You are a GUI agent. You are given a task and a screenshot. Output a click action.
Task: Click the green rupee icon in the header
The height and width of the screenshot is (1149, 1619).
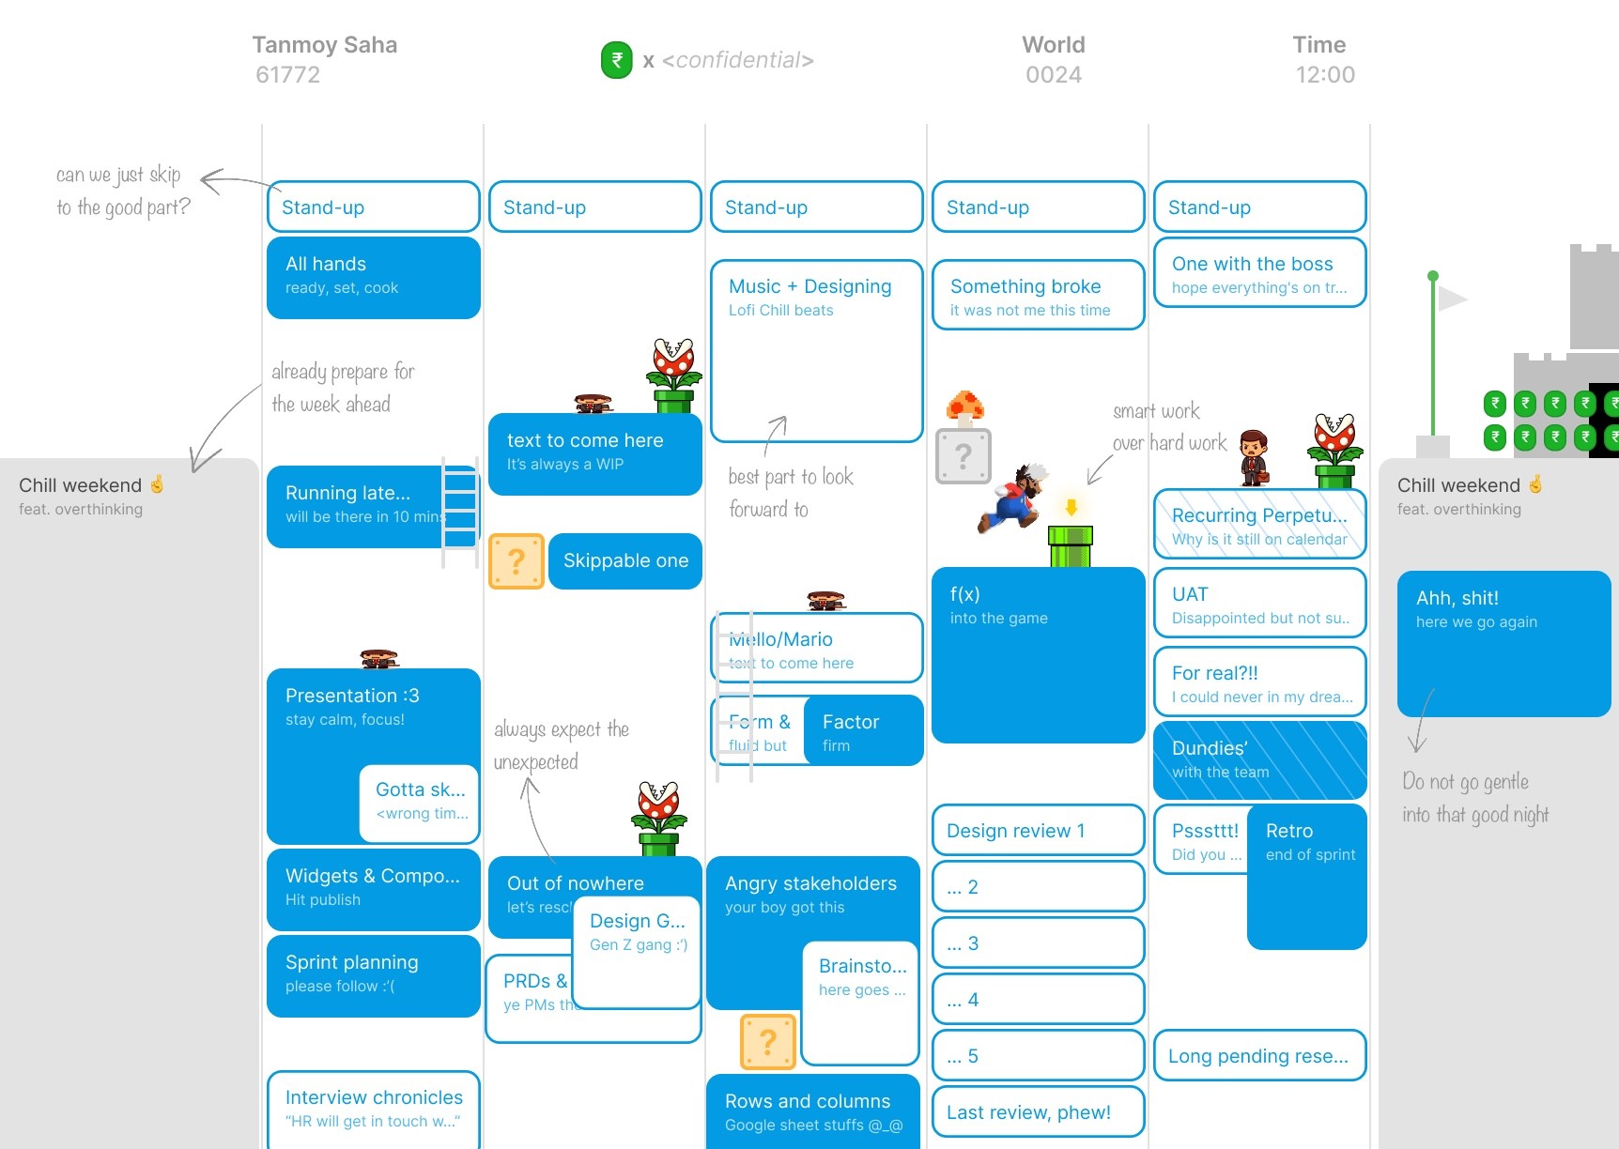click(x=617, y=60)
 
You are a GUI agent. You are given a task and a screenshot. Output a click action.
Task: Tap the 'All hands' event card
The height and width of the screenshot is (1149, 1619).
click(x=373, y=277)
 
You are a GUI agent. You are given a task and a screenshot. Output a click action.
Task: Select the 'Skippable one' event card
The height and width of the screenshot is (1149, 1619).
click(x=625, y=561)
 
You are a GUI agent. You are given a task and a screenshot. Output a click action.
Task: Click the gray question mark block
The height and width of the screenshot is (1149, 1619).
click(x=964, y=456)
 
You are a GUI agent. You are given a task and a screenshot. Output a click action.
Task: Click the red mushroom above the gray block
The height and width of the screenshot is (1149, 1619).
click(x=964, y=406)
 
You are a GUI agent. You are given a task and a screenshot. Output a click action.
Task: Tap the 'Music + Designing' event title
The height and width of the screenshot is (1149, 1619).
click(x=809, y=286)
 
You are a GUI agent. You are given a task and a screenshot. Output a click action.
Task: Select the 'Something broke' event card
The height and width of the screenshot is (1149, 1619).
click(x=1038, y=296)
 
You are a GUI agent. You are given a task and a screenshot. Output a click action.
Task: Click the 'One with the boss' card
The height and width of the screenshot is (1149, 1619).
click(x=1259, y=273)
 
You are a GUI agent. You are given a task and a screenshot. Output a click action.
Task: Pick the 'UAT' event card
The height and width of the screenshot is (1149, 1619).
click(x=1259, y=604)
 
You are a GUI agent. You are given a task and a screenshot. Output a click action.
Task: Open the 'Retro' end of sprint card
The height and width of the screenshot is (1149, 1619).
click(x=1306, y=876)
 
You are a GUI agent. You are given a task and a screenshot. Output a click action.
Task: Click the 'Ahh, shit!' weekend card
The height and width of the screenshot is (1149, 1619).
click(x=1503, y=643)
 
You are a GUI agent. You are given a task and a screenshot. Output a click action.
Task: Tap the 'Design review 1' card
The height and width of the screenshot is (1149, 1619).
click(x=1038, y=831)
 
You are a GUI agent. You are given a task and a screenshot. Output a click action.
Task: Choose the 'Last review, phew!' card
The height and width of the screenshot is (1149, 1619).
click(x=1038, y=1112)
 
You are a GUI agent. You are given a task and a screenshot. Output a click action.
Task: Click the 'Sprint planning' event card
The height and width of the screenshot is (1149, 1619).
click(x=373, y=975)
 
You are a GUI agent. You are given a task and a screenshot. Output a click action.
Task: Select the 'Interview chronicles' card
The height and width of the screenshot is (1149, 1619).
click(x=373, y=1108)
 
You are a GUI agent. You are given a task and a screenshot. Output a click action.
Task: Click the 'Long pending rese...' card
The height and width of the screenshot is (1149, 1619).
click(x=1259, y=1056)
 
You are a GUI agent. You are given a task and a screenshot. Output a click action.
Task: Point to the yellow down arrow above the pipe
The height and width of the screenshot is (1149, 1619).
click(x=1071, y=508)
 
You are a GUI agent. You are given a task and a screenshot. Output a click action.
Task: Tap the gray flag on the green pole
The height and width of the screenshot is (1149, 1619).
click(x=1452, y=299)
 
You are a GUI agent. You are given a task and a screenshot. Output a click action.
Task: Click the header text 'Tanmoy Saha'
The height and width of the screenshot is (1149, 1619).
click(x=325, y=45)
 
